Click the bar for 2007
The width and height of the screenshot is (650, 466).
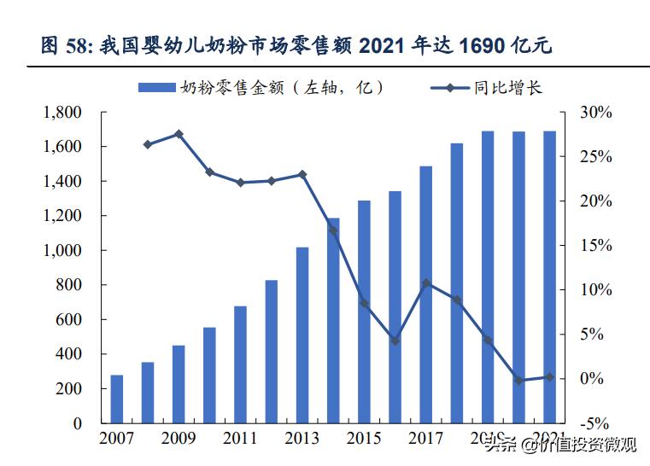[117, 399]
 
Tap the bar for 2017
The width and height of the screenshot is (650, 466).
[426, 294]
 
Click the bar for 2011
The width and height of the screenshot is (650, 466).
[241, 364]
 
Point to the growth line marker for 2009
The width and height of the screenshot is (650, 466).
[179, 134]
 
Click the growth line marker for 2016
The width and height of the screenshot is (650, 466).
[395, 341]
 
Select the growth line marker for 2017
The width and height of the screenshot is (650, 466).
[426, 283]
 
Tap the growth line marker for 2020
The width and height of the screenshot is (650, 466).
[518, 380]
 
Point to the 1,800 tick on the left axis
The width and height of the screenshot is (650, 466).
[63, 113]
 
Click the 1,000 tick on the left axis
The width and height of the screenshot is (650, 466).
[63, 251]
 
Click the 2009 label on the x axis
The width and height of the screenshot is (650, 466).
[179, 440]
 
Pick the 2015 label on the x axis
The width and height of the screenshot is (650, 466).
[365, 440]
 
